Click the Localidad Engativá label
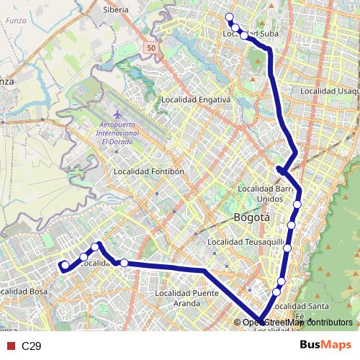(195, 99)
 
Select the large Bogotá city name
(252, 217)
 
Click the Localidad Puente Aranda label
(197, 298)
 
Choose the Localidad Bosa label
(20, 292)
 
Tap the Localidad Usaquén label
(329, 91)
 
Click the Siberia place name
(116, 10)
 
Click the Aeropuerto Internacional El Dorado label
(118, 134)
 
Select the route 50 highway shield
(150, 48)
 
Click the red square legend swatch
(10, 346)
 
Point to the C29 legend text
(31, 346)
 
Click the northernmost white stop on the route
(229, 17)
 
